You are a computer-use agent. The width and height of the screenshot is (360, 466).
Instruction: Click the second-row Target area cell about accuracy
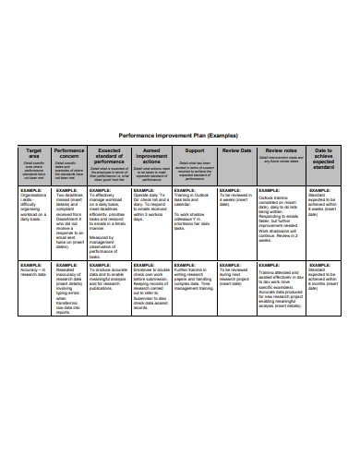34,273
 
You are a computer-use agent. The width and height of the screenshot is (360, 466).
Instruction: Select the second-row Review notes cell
280,291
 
